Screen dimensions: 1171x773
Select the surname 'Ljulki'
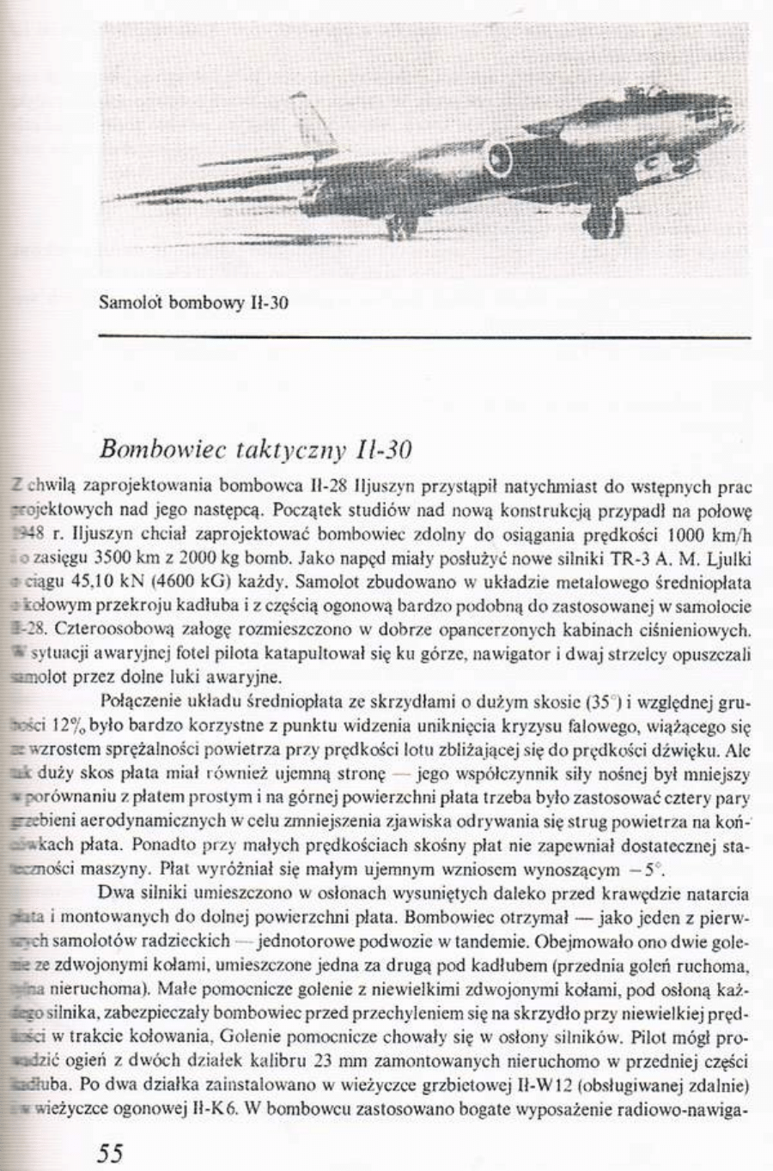pyautogui.click(x=728, y=561)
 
